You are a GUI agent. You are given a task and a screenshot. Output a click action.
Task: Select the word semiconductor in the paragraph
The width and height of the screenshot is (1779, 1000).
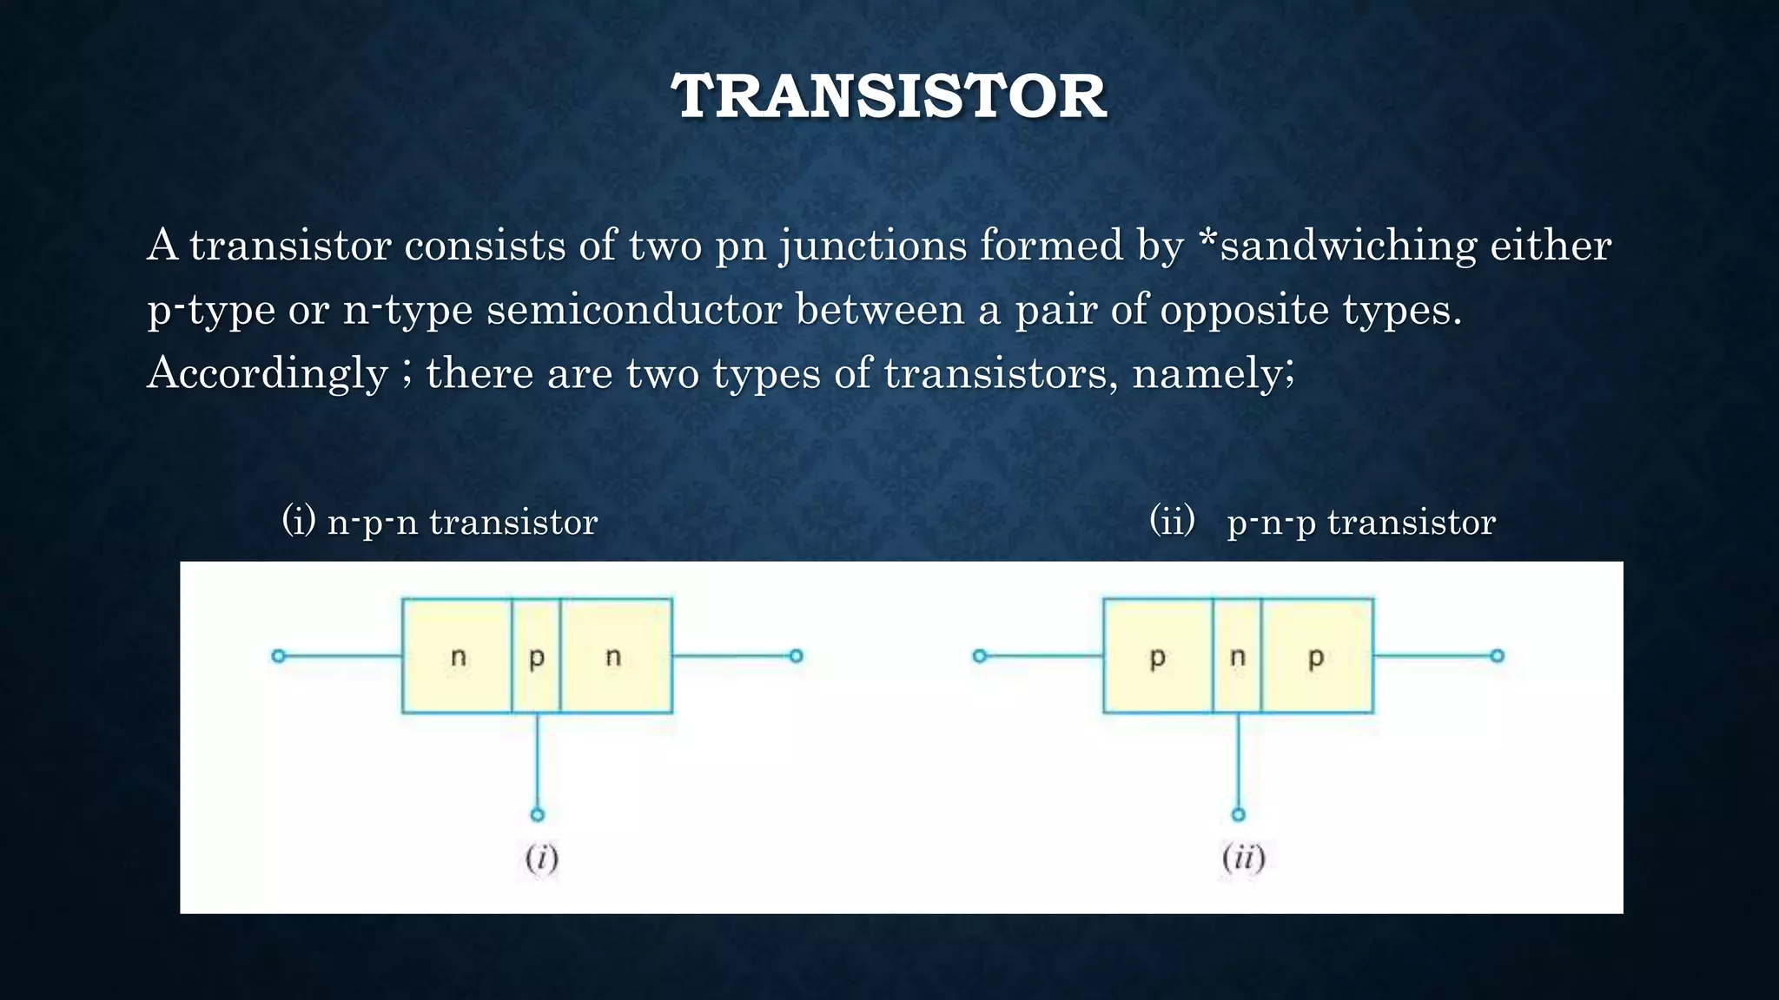click(x=634, y=309)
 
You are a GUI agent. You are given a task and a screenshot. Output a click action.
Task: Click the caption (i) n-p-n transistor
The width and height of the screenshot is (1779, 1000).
click(x=440, y=522)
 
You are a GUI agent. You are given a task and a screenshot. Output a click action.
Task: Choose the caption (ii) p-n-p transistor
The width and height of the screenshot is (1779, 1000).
click(x=1322, y=522)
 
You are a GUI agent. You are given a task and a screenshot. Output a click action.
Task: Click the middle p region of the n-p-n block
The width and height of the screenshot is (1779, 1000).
click(x=536, y=656)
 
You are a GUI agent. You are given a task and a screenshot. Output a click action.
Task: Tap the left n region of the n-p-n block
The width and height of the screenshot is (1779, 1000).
click(x=457, y=656)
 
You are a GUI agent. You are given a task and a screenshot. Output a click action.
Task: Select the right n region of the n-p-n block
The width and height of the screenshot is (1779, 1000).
click(x=615, y=656)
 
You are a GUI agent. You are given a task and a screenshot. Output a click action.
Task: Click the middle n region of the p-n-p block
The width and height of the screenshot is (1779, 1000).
click(x=1237, y=656)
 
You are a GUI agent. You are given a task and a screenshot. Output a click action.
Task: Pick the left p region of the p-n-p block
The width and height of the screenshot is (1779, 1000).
click(x=1157, y=656)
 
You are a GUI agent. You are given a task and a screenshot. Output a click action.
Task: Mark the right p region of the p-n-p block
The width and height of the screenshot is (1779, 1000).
click(x=1316, y=656)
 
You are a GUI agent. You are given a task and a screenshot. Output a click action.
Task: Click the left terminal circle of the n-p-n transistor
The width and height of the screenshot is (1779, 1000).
click(x=278, y=656)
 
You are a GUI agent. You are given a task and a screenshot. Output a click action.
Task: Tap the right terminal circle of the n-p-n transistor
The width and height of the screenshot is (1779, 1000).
click(x=796, y=656)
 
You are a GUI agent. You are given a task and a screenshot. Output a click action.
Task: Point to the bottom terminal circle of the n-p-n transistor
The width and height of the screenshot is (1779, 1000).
click(x=537, y=814)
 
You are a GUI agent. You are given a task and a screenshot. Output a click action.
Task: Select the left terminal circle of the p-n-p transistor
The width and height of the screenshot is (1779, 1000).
click(x=980, y=656)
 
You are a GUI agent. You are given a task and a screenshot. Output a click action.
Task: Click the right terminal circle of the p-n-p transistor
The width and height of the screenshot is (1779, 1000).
click(x=1497, y=656)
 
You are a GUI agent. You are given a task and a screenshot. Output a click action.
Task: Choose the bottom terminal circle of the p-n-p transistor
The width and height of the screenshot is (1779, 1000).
click(x=1238, y=814)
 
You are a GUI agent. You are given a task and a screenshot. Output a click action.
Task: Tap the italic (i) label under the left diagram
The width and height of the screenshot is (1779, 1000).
click(x=541, y=859)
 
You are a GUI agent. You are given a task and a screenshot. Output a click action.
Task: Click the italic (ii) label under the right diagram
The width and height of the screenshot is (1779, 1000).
click(x=1243, y=859)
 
